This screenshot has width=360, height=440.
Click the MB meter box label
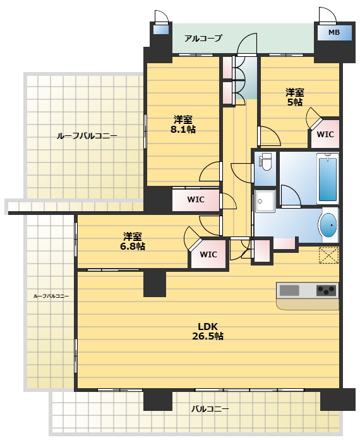point(333,32)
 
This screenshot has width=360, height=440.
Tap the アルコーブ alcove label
point(203,38)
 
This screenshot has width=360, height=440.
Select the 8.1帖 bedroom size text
point(183,129)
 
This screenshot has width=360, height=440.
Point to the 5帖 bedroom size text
point(295,102)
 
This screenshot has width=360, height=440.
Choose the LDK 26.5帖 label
point(208,331)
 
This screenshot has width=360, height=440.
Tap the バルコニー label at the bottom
point(210,409)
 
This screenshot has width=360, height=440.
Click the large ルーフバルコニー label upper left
point(87,137)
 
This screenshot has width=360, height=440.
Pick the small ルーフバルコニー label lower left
point(51,296)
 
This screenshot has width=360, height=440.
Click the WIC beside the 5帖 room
point(325,135)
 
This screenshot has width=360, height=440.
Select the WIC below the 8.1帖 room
point(196,200)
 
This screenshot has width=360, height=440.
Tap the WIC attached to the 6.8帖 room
point(208,255)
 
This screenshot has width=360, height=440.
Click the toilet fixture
point(265,162)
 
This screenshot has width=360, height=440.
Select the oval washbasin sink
point(328,225)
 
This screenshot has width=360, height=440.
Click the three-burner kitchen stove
point(326,290)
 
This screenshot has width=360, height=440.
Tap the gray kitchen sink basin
point(289,290)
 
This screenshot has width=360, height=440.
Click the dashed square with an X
point(328,255)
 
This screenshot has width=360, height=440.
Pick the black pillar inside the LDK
point(155,284)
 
